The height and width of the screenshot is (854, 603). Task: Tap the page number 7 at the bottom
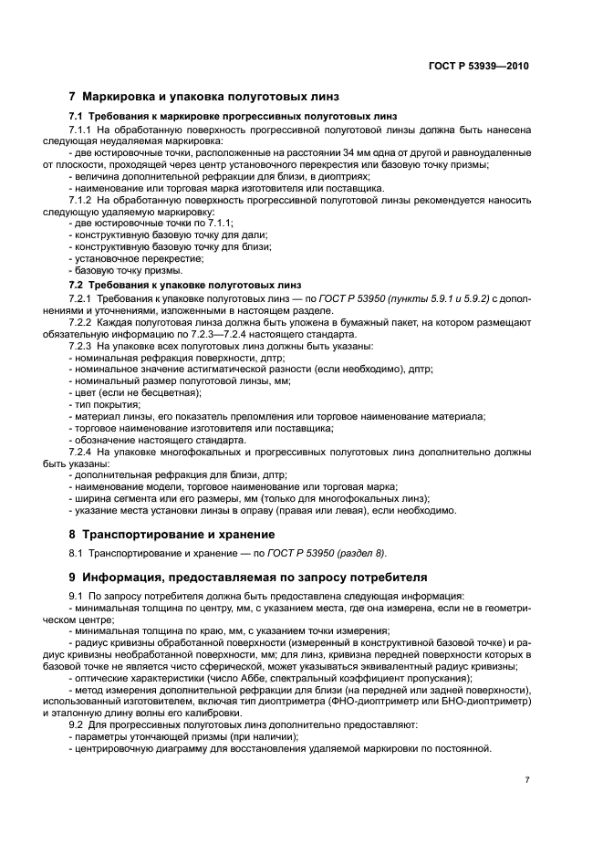click(x=527, y=780)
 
